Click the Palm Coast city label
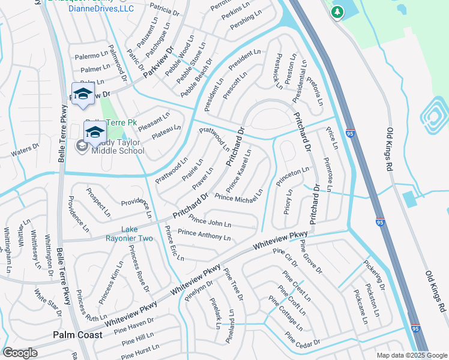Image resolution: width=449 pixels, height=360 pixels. coord(77,334)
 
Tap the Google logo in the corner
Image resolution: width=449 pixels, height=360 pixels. coord(21,352)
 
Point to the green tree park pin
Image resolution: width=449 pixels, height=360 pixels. coord(338,12)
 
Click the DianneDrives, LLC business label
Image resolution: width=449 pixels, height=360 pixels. coord(100,8)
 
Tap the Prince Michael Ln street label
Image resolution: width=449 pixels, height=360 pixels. coord(239,195)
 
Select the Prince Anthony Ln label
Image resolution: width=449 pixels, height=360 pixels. coord(205,235)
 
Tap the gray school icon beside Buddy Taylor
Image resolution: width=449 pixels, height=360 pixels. coord(80,145)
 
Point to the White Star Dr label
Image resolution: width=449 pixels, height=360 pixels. coord(48,304)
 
